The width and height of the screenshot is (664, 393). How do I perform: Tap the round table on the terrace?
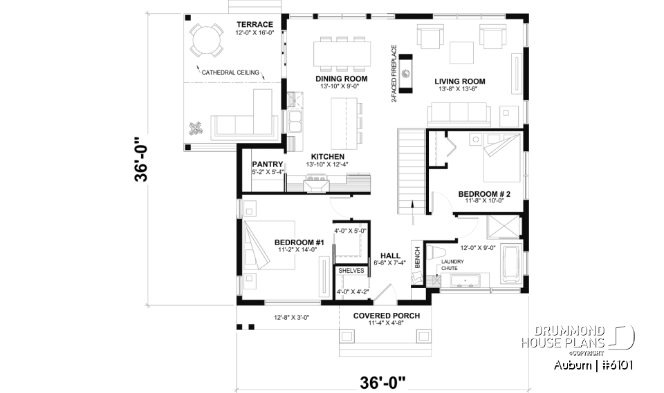(x=205, y=40)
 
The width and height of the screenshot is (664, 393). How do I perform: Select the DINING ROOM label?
(x=341, y=79)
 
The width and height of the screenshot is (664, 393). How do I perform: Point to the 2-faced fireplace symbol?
(x=406, y=74)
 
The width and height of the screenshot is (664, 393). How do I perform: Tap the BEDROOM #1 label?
(x=299, y=242)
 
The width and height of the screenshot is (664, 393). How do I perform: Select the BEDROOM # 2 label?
(x=484, y=194)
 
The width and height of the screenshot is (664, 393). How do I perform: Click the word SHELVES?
(x=351, y=271)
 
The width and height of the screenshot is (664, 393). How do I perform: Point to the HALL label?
(x=390, y=255)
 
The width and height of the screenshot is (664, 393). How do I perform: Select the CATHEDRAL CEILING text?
(x=230, y=72)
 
